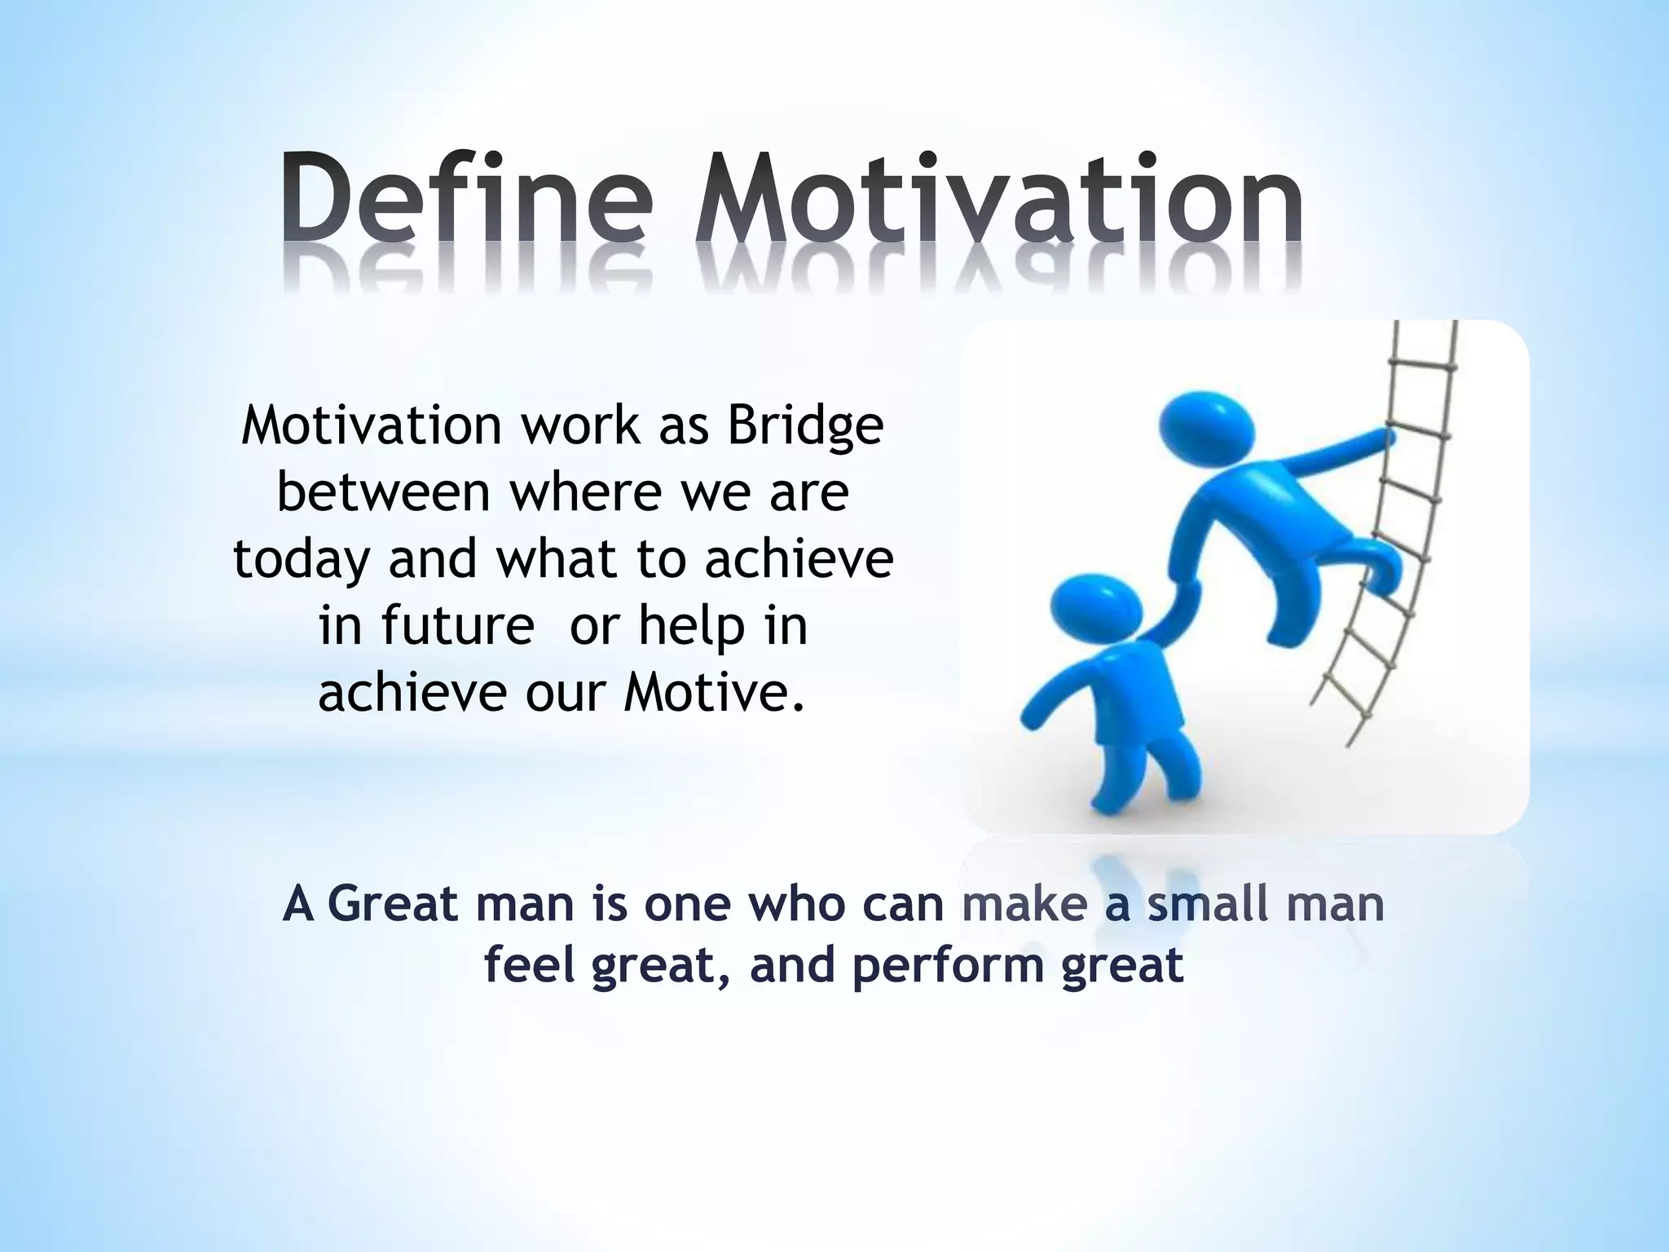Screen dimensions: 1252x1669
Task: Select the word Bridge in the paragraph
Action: (805, 425)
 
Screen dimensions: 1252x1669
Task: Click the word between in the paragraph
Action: (383, 492)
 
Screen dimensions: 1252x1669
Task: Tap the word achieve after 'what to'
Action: (799, 561)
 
